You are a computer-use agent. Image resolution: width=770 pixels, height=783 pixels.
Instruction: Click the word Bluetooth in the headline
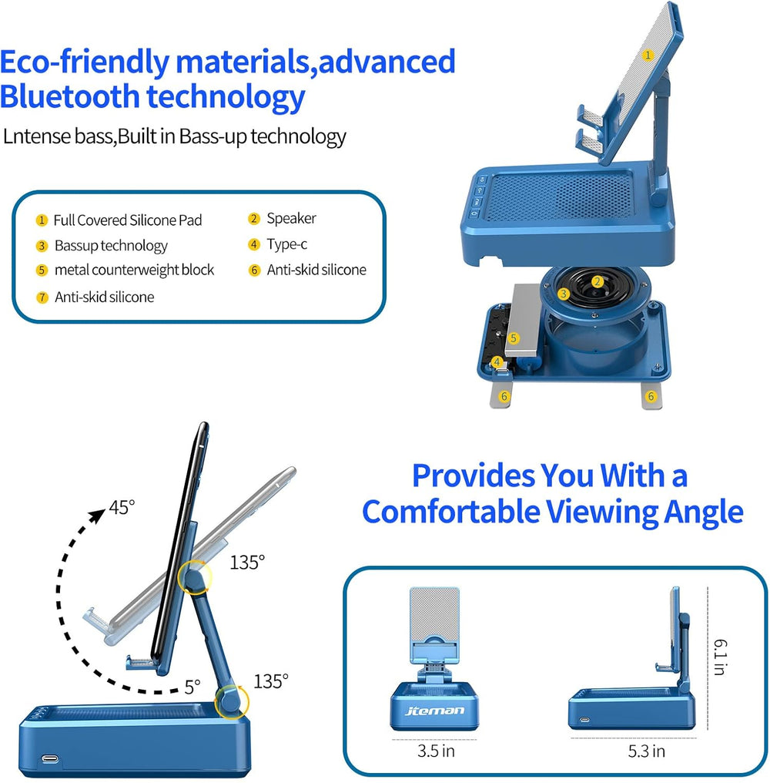coord(69,97)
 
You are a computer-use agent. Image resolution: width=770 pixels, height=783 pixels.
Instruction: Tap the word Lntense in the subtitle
coord(37,136)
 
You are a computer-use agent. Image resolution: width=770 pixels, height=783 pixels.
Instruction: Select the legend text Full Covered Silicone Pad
coord(128,220)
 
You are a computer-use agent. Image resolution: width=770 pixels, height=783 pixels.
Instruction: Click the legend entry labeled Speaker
coord(291,218)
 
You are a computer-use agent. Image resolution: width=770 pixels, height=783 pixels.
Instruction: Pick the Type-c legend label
coord(287,244)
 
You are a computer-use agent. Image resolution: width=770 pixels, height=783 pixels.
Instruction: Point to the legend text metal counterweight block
coord(134,271)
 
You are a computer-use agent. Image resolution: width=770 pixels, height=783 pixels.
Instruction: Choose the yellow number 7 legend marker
coord(42,297)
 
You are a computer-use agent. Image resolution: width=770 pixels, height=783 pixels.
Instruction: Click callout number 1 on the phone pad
coord(648,55)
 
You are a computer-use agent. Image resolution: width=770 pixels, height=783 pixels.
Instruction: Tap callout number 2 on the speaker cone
coord(597,281)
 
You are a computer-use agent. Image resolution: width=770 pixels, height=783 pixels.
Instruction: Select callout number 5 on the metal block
coord(514,338)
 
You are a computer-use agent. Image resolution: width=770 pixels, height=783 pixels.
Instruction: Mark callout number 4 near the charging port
coord(497,362)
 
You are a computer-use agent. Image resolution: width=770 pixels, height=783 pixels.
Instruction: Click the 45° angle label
coord(122,507)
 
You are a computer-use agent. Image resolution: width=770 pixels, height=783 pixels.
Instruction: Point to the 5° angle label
coord(192,687)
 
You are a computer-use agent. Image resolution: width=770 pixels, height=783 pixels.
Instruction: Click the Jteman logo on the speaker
coord(434,710)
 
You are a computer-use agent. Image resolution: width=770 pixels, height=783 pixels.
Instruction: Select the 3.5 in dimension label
coord(436,751)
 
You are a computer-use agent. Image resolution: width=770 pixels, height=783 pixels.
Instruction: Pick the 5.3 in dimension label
coord(646,751)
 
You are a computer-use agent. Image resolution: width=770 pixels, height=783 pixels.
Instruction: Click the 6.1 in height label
coord(720,657)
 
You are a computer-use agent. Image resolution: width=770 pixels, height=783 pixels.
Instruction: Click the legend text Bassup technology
coord(112,246)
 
